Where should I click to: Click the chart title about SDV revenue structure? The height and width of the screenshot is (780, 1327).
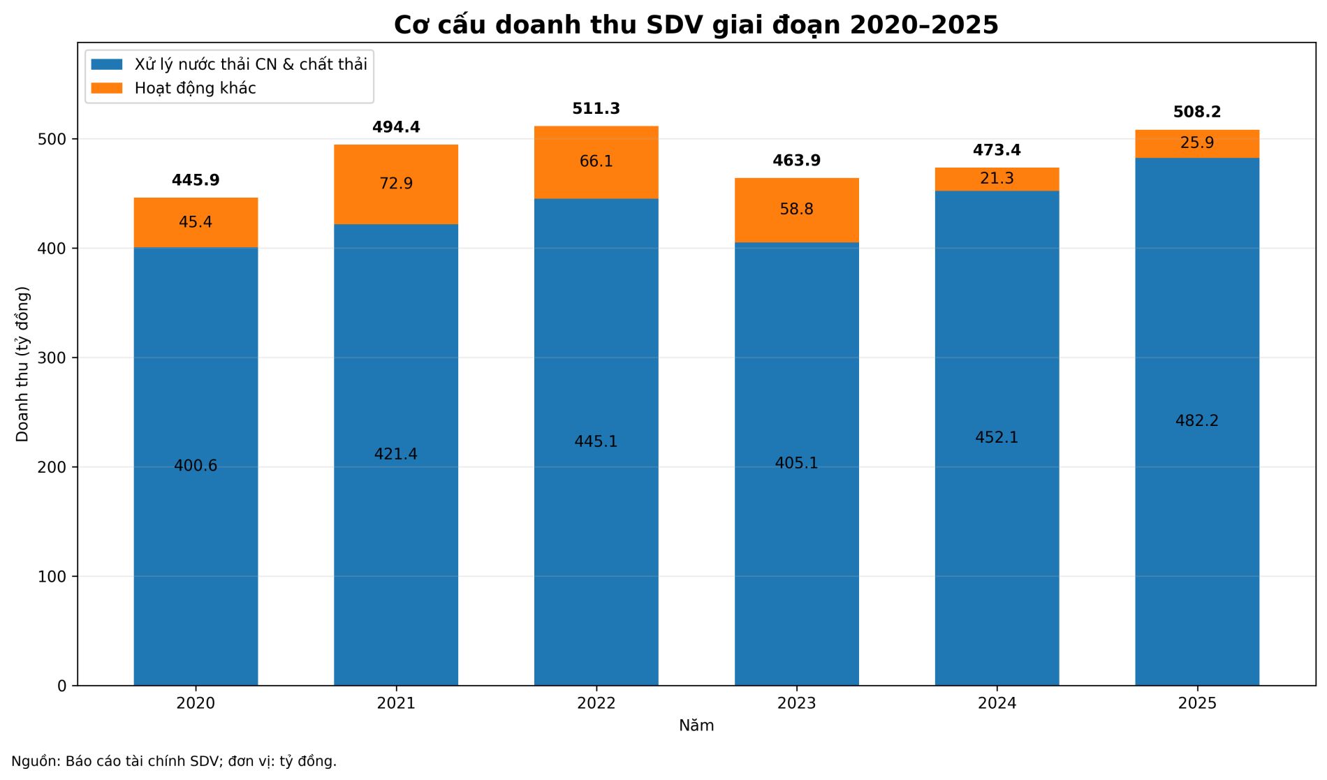click(696, 25)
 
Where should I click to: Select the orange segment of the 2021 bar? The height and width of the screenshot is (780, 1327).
click(396, 184)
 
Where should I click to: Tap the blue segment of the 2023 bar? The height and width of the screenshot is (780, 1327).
click(797, 464)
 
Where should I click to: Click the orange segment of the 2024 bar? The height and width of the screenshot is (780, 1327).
click(997, 179)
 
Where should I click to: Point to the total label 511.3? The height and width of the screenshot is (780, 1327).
click(596, 109)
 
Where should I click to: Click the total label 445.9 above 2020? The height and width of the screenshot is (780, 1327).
click(196, 181)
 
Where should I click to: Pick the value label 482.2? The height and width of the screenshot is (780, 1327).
click(1197, 421)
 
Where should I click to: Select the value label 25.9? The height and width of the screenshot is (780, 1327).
click(1197, 143)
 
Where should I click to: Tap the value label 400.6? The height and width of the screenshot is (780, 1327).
click(196, 466)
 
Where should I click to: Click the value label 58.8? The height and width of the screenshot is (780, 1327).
click(797, 209)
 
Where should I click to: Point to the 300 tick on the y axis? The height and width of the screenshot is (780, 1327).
click(52, 358)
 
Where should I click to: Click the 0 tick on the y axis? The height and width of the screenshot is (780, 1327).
click(62, 686)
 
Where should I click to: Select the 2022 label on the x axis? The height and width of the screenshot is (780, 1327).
click(596, 703)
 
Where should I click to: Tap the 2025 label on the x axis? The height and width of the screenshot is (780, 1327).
click(1197, 703)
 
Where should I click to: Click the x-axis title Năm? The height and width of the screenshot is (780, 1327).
click(696, 726)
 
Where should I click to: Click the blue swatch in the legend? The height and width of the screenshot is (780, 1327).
click(107, 64)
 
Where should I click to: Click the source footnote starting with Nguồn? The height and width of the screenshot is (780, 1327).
click(174, 761)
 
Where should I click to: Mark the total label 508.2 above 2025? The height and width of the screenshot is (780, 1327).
click(1197, 112)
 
